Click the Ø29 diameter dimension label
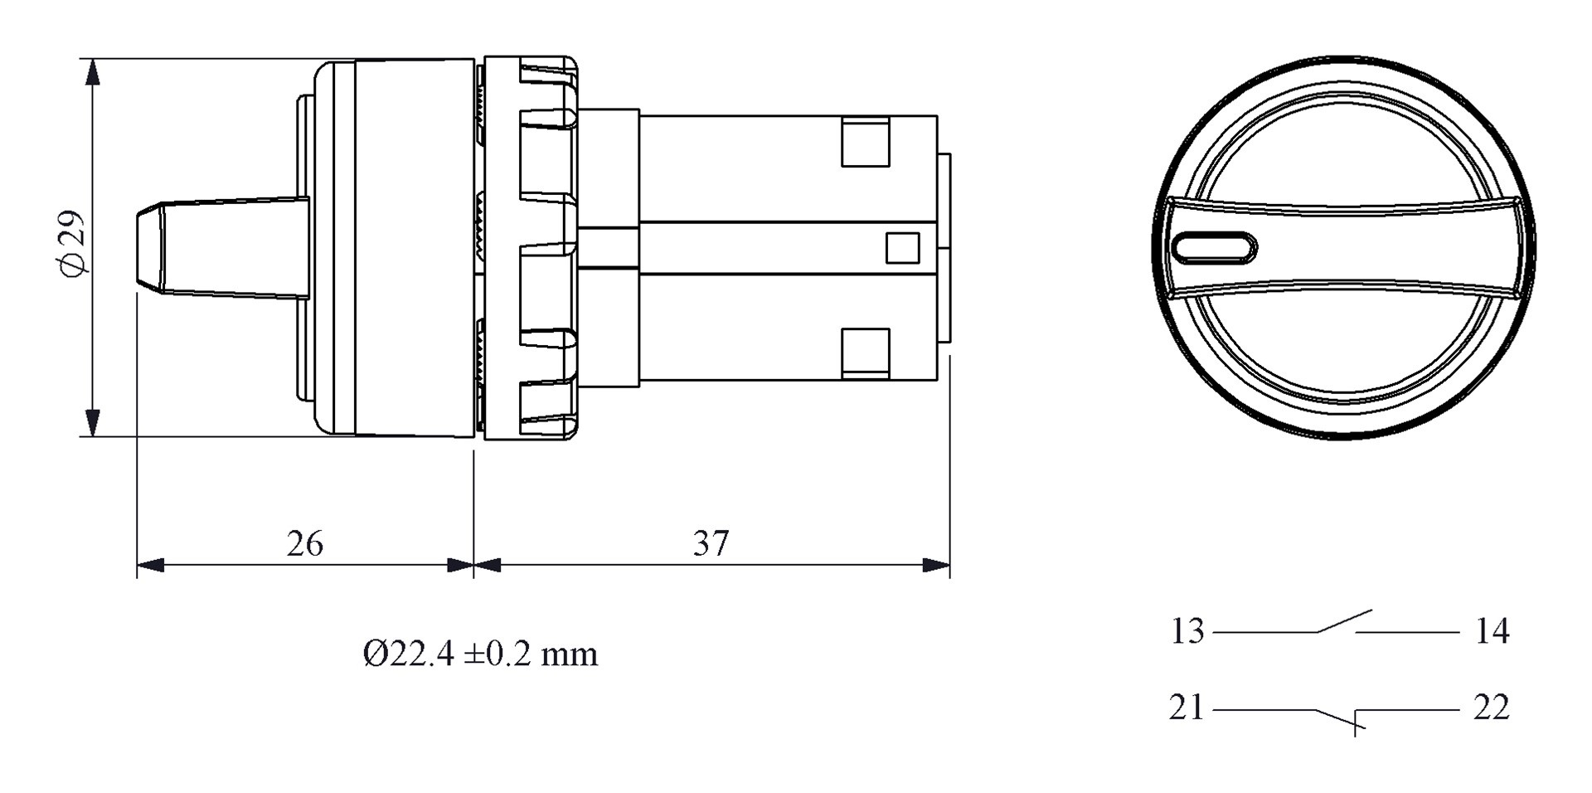[72, 245]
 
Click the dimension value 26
[304, 544]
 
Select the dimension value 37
[711, 544]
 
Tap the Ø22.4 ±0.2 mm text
[480, 654]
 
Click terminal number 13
[1187, 632]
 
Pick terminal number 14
[1492, 632]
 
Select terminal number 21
[1186, 708]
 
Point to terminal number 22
[1491, 708]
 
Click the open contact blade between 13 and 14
[1344, 621]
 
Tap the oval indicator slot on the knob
[1215, 247]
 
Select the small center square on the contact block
[902, 248]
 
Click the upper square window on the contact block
[865, 143]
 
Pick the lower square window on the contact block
[865, 353]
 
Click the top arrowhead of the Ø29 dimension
[93, 71]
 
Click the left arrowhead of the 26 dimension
[150, 566]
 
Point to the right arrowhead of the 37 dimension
[937, 566]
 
